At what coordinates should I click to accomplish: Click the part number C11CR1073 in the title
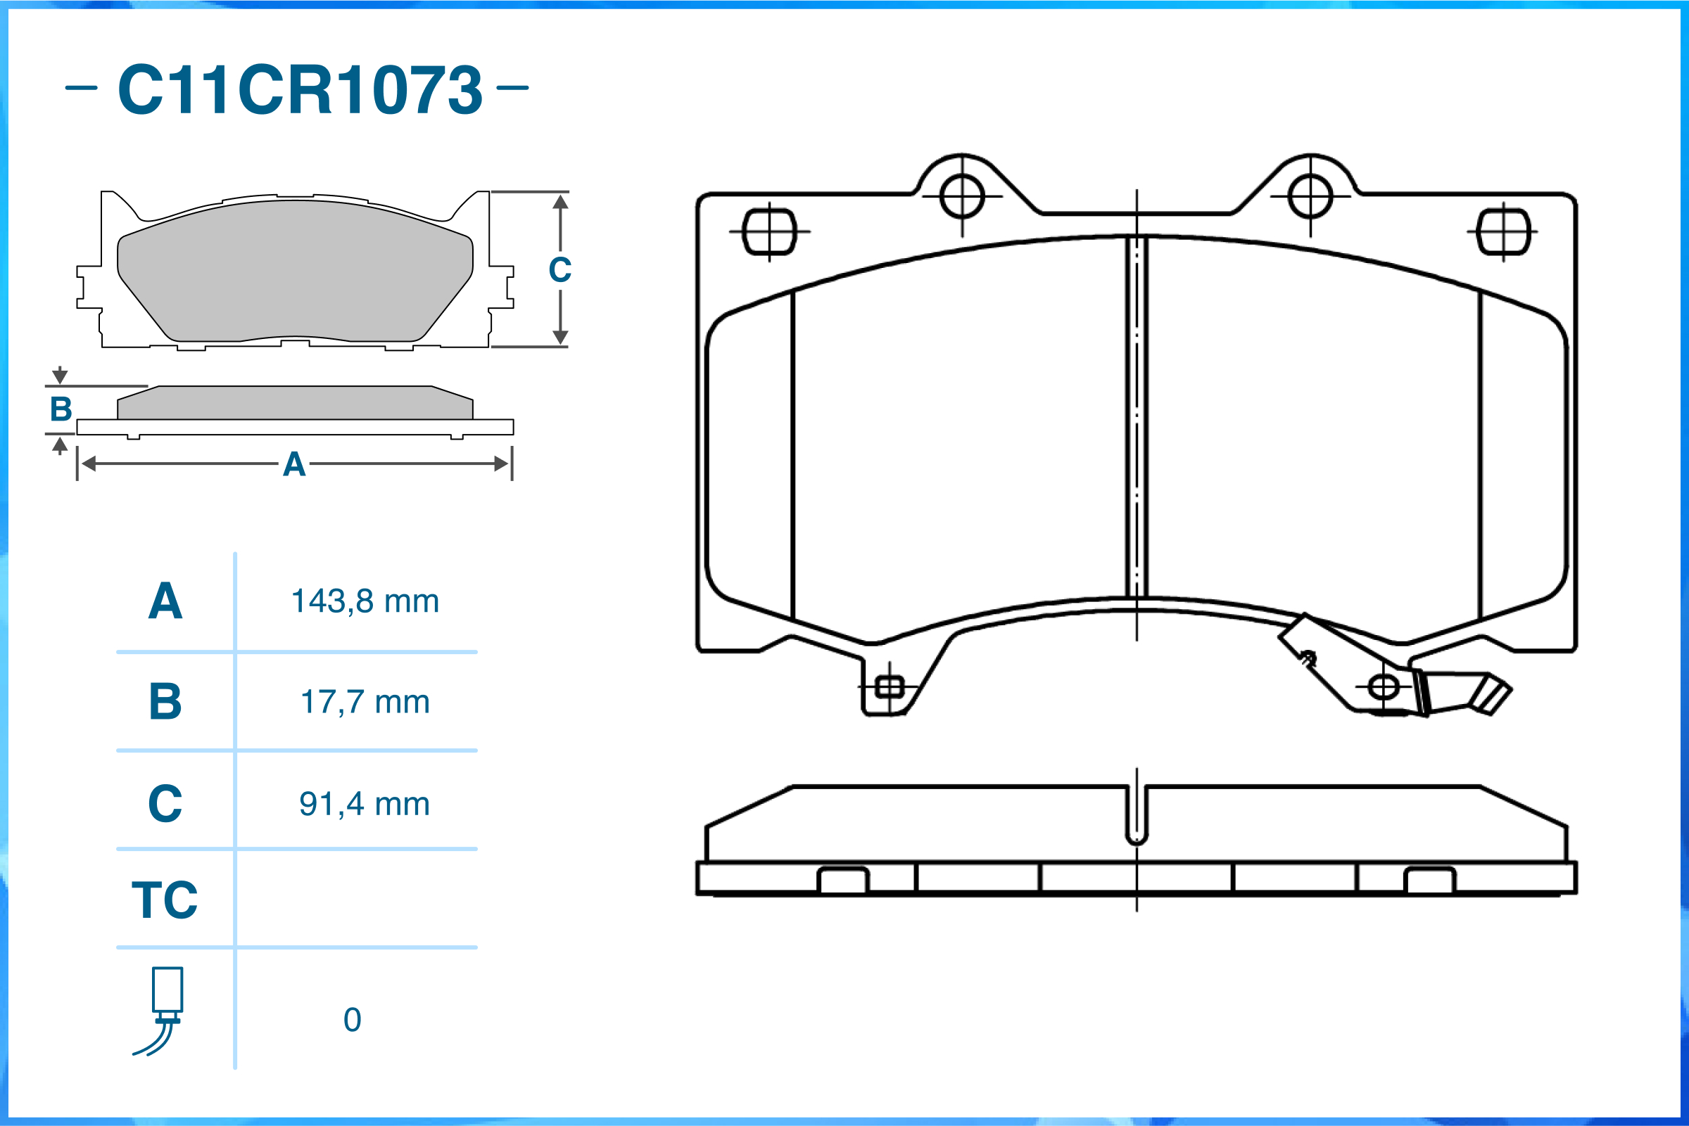coord(300,90)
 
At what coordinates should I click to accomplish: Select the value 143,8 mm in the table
coord(365,601)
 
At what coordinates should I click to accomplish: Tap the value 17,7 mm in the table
coord(365,702)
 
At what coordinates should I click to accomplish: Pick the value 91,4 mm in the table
coord(365,804)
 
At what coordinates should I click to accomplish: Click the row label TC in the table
coord(165,900)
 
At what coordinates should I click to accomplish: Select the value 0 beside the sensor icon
coord(352,1020)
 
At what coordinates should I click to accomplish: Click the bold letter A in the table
coord(165,601)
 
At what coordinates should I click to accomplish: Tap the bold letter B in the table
coord(165,702)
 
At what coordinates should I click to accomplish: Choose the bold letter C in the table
coord(165,804)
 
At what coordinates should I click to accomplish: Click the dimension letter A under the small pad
coord(294,465)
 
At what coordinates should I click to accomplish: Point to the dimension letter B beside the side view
coord(61,409)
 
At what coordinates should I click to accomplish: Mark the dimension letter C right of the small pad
coord(559,270)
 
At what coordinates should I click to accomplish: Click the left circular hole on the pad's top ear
coord(962,196)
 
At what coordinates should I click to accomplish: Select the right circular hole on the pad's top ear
coord(1310,196)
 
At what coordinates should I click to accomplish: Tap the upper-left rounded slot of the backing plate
coord(769,232)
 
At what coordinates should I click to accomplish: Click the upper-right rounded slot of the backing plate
coord(1503,232)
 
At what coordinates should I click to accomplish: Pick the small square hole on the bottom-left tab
coord(890,687)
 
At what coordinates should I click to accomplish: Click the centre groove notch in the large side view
coord(1137,816)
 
